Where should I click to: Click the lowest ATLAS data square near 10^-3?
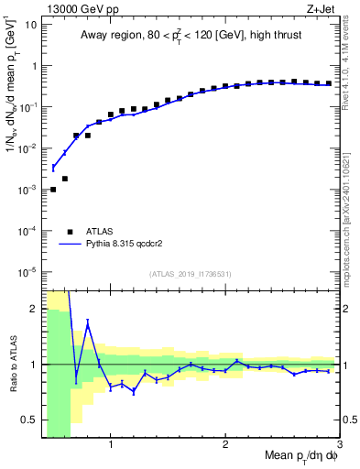click(53, 190)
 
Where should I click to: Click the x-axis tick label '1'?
click(111, 445)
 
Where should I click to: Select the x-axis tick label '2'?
click(225, 445)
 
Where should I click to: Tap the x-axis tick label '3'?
click(339, 445)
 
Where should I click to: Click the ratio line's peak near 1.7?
click(88, 322)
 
